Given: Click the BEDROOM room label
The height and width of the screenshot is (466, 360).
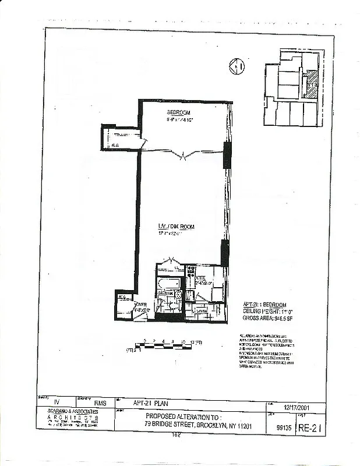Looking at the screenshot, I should [x=179, y=112].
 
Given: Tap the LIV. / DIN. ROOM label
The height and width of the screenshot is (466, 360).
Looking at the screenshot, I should [x=175, y=226].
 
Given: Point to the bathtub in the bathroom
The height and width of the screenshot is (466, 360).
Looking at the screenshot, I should [x=169, y=281].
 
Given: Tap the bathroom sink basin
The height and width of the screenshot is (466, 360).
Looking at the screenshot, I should [x=178, y=295].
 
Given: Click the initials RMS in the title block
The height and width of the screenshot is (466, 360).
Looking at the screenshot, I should [x=101, y=403].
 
